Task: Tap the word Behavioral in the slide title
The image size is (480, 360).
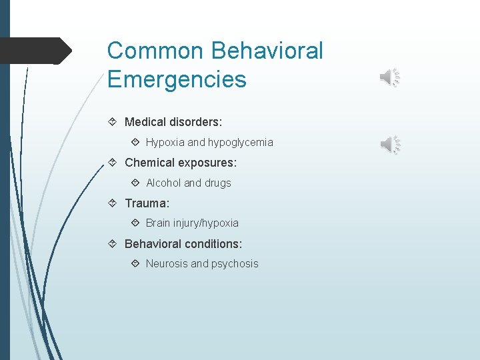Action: (x=267, y=51)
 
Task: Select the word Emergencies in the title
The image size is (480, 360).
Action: (x=177, y=79)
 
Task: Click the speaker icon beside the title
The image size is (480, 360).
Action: (x=389, y=78)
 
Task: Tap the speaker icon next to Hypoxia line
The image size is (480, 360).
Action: (x=389, y=143)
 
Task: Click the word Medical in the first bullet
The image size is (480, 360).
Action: (x=145, y=122)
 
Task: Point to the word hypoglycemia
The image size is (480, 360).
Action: (x=241, y=143)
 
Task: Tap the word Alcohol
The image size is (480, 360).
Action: (x=163, y=183)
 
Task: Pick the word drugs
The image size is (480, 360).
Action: (x=217, y=183)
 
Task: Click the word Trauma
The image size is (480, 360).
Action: (x=146, y=203)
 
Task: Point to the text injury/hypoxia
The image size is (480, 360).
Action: (x=207, y=223)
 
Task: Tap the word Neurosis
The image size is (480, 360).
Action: (x=167, y=263)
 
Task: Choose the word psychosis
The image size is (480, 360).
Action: (x=235, y=263)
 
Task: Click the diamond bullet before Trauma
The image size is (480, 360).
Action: (x=113, y=203)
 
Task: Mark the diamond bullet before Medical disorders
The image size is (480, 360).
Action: (x=113, y=122)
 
